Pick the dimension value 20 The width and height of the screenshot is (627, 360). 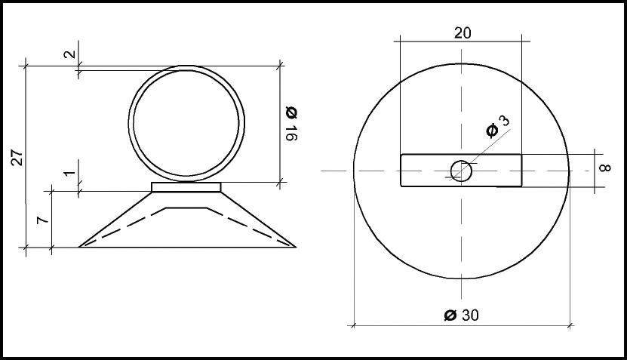463,32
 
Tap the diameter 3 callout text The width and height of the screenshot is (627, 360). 504,121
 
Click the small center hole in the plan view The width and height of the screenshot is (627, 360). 461,171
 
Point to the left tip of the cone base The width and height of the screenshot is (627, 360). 81,246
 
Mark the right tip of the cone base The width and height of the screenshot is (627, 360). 295,246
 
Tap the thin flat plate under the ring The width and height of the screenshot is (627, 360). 186,186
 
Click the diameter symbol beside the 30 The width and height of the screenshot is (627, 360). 450,315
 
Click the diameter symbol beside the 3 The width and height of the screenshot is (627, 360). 492,130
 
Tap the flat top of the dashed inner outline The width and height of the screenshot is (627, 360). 186,206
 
